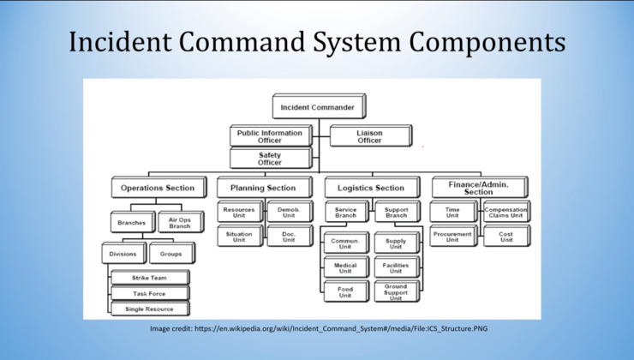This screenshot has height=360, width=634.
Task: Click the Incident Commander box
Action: coord(319,106)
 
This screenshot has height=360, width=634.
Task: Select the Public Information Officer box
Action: coord(268,135)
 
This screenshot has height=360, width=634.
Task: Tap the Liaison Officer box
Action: coord(370,135)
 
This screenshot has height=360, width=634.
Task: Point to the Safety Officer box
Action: coord(268,159)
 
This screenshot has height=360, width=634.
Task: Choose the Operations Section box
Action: coord(158,188)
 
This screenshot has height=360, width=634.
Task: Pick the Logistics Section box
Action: coord(371,188)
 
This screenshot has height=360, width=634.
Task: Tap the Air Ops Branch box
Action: coord(179,222)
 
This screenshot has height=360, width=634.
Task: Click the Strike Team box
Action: coord(149,278)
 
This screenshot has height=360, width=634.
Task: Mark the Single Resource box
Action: coord(149,309)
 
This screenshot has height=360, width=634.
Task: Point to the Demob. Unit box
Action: coord(282,211)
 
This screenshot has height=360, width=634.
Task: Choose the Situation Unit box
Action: coord(239,236)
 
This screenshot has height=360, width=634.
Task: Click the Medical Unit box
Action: coord(345,268)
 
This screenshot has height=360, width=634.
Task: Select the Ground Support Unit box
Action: coord(396,291)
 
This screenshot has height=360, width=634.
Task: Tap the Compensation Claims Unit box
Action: coord(505,211)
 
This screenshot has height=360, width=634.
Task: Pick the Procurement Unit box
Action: coord(452,236)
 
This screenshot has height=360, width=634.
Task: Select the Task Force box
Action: coord(149,293)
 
